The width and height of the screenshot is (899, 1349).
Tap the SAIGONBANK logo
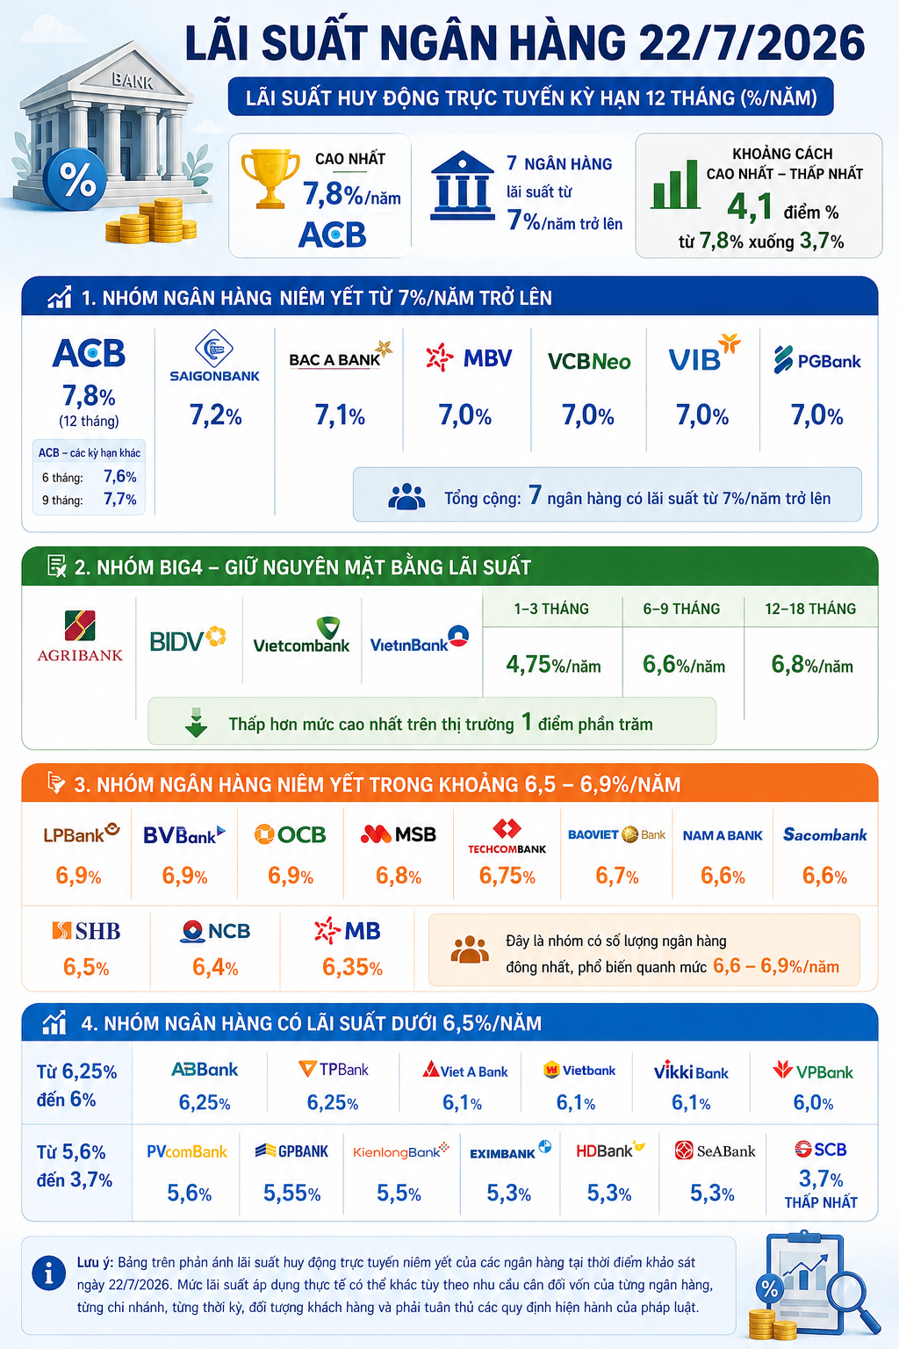click(214, 356)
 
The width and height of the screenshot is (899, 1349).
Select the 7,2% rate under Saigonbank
click(216, 415)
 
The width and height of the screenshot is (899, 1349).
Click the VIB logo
click(704, 353)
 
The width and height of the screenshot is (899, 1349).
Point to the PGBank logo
click(817, 360)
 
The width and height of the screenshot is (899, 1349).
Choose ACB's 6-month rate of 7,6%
click(119, 476)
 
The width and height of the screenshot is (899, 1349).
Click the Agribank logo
click(80, 635)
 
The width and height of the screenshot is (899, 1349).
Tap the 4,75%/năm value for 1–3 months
click(553, 665)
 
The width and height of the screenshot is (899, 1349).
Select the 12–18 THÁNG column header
click(810, 609)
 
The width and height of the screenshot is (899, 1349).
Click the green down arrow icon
click(197, 723)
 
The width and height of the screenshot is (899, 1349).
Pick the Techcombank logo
click(507, 836)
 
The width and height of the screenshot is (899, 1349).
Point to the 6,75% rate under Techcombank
click(507, 876)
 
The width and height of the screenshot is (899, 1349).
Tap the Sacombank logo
click(825, 834)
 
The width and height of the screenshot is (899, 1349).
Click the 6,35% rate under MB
click(352, 967)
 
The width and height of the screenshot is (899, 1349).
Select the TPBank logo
click(334, 1070)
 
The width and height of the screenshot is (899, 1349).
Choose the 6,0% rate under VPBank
click(813, 1103)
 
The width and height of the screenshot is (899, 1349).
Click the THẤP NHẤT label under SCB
click(821, 1202)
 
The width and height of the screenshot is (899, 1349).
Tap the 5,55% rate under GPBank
click(291, 1193)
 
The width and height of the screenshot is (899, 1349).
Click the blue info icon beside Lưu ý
click(49, 1273)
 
